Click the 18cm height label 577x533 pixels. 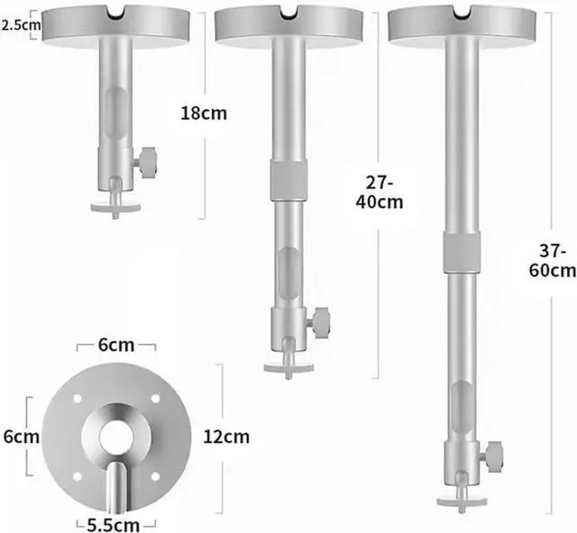pyautogui.click(x=204, y=113)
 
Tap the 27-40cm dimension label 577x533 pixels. pyautogui.click(x=380, y=193)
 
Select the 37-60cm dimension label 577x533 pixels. pyautogui.click(x=553, y=261)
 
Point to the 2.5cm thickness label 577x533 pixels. pyautogui.click(x=21, y=25)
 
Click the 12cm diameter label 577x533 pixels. pyautogui.click(x=226, y=437)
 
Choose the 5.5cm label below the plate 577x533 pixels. pyautogui.click(x=114, y=525)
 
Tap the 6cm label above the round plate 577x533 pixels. pyautogui.click(x=116, y=346)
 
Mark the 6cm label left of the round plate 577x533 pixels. pyautogui.click(x=22, y=437)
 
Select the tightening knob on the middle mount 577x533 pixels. pyautogui.click(x=319, y=322)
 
